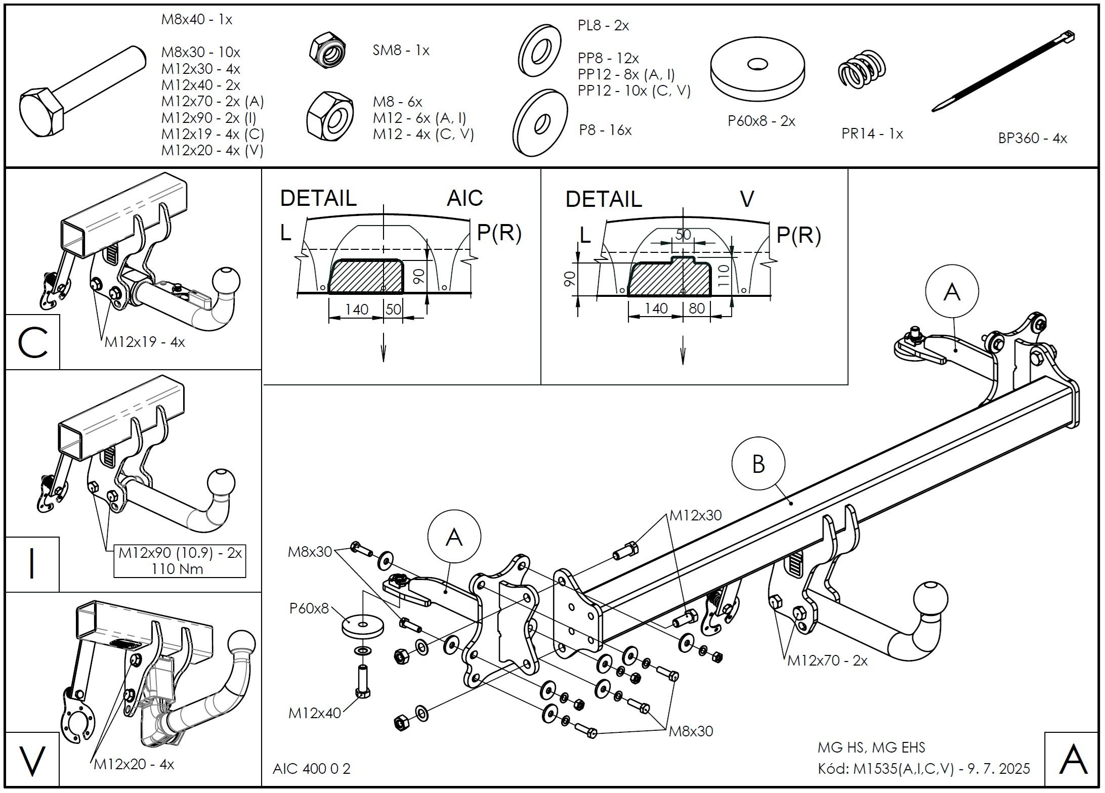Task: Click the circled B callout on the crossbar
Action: [758, 464]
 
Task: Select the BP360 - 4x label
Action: [1032, 138]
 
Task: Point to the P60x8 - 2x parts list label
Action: [761, 121]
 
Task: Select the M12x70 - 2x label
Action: [827, 660]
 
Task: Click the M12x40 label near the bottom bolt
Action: [314, 713]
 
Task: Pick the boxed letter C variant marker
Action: [32, 342]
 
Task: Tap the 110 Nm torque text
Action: [177, 569]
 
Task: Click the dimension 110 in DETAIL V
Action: [724, 276]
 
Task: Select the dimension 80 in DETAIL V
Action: [697, 308]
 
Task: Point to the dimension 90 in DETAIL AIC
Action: [418, 276]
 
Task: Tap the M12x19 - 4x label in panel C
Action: [145, 342]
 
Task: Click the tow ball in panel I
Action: [220, 483]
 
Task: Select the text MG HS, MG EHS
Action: [871, 747]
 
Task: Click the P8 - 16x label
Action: [605, 130]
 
